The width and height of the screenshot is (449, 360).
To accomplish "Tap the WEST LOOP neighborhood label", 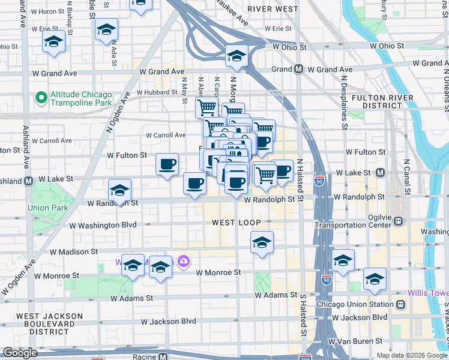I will point(237,223).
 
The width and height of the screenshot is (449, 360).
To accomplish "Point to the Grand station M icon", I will point(298,69).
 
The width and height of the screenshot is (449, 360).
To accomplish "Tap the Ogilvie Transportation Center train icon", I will point(398,221).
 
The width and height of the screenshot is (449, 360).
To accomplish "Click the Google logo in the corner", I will point(20,353).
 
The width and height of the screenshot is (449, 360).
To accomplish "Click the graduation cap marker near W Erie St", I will point(106,29).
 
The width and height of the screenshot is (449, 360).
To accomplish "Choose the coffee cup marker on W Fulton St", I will point(167,163).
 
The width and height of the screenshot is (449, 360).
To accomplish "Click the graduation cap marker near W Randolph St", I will point(120,191).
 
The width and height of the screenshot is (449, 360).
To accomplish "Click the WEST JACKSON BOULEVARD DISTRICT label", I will point(50,323).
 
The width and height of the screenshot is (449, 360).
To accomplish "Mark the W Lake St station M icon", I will point(379,173).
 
